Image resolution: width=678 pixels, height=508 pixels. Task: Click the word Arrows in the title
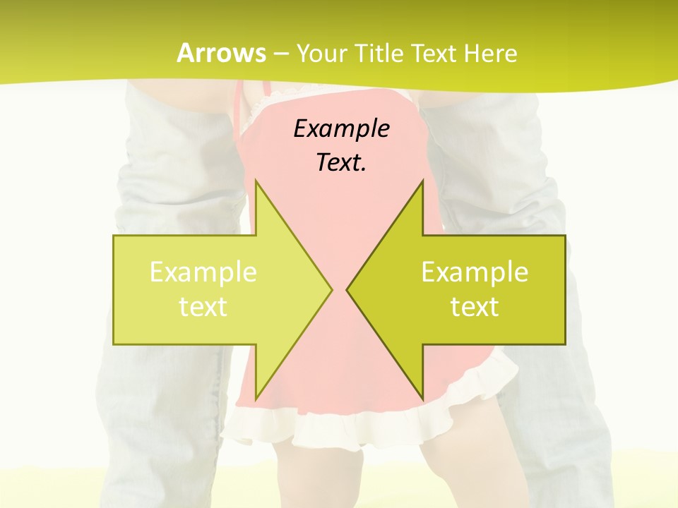click(x=221, y=53)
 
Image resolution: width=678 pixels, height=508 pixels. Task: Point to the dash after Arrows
click(x=280, y=54)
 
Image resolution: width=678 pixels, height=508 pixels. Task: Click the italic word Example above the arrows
click(x=341, y=128)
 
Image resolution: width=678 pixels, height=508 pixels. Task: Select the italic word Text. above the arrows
click(x=341, y=163)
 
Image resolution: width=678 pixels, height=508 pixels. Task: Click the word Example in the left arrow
click(x=203, y=272)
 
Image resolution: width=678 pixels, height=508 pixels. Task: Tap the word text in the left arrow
click(x=203, y=307)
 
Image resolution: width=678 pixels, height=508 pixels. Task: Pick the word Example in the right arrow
click(x=475, y=272)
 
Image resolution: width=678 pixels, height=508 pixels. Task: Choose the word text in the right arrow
click(x=475, y=307)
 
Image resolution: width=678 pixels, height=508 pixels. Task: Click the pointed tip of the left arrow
click(x=331, y=289)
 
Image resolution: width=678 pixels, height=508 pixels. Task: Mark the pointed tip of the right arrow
click(x=347, y=289)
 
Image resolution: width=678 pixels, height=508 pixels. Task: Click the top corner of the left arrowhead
click(x=256, y=181)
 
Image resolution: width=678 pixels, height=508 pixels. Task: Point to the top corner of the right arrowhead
click(x=422, y=181)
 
